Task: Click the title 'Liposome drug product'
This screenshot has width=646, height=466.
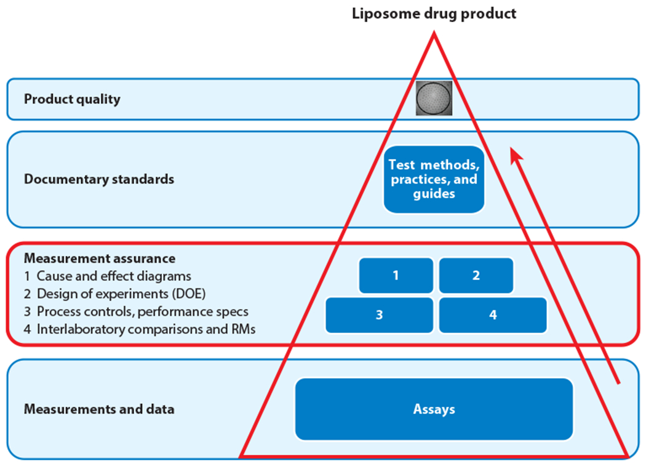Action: point(434,14)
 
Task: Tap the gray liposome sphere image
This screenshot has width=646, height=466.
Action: point(434,98)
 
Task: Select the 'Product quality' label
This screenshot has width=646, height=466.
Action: point(72,98)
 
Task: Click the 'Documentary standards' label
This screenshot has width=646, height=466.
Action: point(99,179)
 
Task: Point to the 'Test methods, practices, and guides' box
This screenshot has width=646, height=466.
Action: point(434,179)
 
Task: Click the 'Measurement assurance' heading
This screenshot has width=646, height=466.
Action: point(100,259)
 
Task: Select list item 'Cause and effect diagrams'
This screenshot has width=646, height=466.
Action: point(114,276)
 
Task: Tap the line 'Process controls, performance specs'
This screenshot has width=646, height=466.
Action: point(142,311)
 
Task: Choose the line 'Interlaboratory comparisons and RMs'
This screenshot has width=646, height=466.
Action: point(146,329)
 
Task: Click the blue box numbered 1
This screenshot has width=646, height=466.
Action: point(396,276)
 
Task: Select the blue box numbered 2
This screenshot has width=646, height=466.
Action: point(476,276)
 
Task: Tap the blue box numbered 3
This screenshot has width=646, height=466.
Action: point(379,315)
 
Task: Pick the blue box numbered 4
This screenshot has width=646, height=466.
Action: point(493,315)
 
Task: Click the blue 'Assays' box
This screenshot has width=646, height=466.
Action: point(434,409)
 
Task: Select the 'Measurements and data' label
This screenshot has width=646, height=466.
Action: point(99,409)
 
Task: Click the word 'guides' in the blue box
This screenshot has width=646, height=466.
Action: point(434,193)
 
